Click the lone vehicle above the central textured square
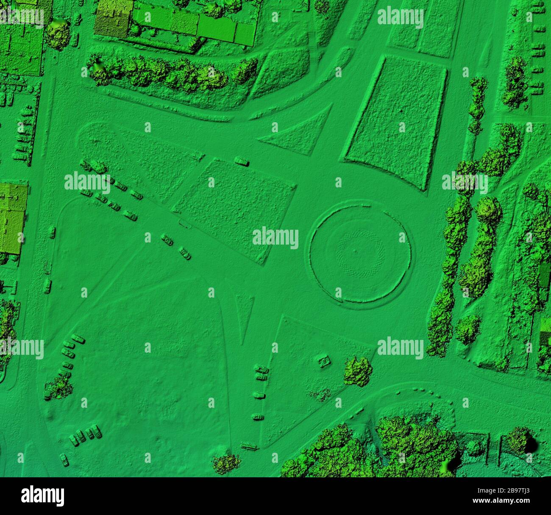(x=242, y=161)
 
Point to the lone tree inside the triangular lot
(x=358, y=371)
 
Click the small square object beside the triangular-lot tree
(x=325, y=361)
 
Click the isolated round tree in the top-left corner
(x=57, y=34)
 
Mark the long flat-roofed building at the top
(x=195, y=25)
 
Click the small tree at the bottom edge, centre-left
(x=226, y=463)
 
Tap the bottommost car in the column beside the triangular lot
(x=258, y=418)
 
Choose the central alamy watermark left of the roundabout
(x=275, y=238)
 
